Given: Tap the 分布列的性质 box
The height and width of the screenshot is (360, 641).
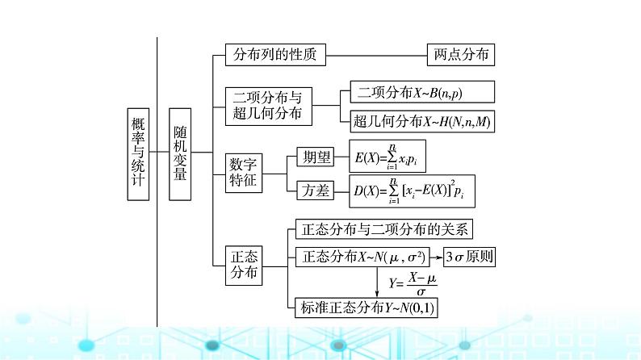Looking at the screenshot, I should tap(267, 55).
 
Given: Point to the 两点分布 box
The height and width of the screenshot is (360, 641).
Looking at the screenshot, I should tap(459, 55).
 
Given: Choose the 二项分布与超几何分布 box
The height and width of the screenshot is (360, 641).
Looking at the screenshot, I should tap(267, 105).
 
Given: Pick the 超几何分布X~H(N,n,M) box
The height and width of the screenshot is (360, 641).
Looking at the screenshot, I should tap(422, 122).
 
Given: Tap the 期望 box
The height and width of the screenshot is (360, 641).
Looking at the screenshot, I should tap(312, 155).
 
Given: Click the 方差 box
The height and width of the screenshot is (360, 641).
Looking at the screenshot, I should tap(312, 191).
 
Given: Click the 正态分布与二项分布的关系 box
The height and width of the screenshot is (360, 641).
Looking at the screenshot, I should tap(383, 228).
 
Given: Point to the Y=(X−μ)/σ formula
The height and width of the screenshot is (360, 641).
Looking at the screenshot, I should tap(412, 284).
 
